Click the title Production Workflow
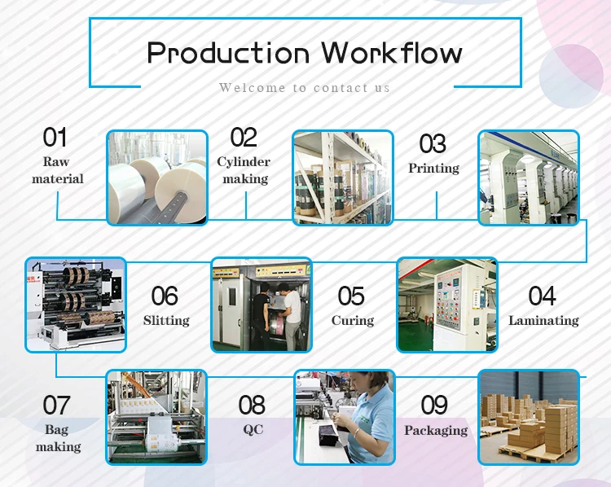(x=305, y=53)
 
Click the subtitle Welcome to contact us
(x=305, y=87)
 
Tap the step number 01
(x=55, y=137)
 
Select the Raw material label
(x=57, y=170)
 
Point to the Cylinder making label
(x=244, y=170)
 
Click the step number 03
(x=433, y=143)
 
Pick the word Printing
(x=433, y=168)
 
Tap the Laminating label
(x=543, y=320)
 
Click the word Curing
(x=352, y=320)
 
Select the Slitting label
(x=166, y=320)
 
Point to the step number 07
(x=56, y=405)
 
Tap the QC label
(x=253, y=429)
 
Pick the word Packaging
(x=436, y=429)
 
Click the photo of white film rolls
(x=157, y=178)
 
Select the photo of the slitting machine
(x=76, y=305)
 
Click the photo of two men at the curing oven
(x=262, y=305)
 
